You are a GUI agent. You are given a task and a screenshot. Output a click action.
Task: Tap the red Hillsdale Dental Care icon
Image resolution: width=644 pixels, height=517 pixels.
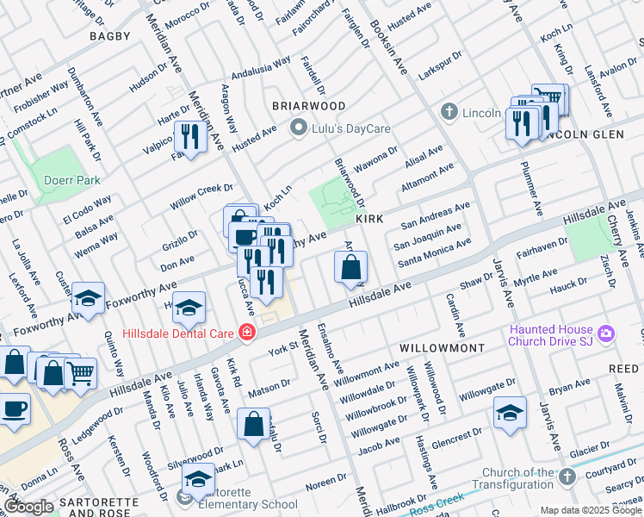click(248, 333)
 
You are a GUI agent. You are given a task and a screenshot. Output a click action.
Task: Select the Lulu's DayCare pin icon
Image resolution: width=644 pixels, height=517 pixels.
click(299, 129)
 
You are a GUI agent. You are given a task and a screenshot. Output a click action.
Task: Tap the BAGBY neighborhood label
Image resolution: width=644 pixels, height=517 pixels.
click(110, 36)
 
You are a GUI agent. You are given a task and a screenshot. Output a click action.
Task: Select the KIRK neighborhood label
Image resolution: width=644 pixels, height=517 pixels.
click(368, 221)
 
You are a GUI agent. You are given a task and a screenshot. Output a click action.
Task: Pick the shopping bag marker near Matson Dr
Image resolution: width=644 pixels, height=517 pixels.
click(253, 424)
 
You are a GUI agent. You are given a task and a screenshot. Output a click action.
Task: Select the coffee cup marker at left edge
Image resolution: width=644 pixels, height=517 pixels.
click(14, 408)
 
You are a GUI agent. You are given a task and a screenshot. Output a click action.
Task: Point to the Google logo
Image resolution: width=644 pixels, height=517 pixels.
click(28, 507)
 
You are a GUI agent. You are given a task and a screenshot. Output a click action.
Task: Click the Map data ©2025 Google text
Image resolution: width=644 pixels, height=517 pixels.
click(590, 510)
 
